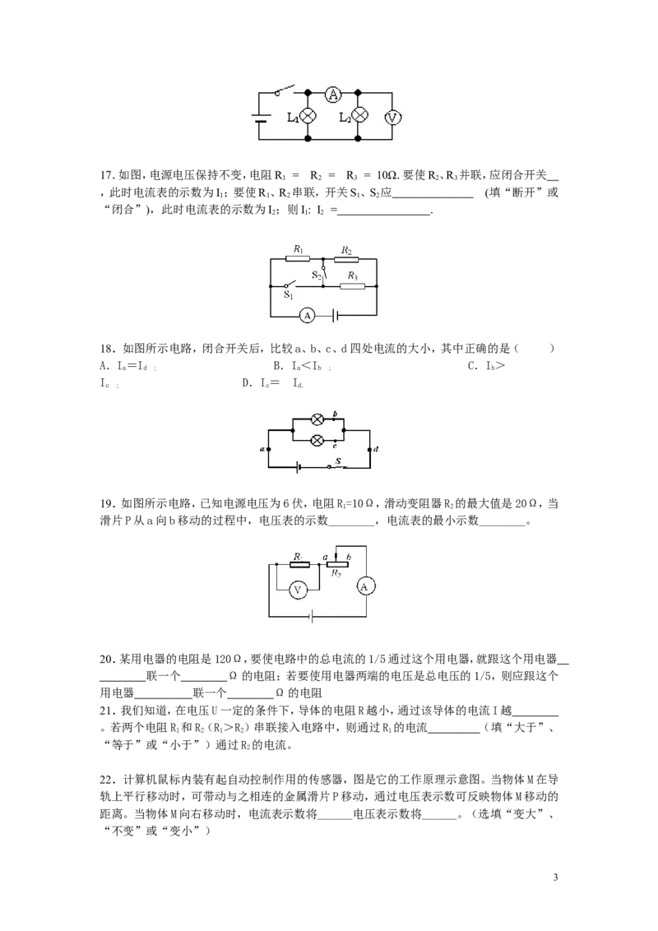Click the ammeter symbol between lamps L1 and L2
click(x=333, y=94)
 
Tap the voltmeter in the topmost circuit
click(x=392, y=118)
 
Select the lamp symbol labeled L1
click(x=308, y=117)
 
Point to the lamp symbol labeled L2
click(x=358, y=116)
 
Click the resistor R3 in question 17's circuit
click(x=352, y=286)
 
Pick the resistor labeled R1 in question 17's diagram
click(x=298, y=259)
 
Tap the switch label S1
click(x=289, y=294)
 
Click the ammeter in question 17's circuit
click(x=307, y=315)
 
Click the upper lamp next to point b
click(x=317, y=419)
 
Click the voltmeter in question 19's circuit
click(x=298, y=590)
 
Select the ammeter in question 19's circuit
click(x=364, y=586)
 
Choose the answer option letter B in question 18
click(x=277, y=366)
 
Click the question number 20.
click(x=106, y=659)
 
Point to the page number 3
click(x=555, y=878)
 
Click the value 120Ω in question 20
click(x=228, y=659)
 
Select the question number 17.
click(x=106, y=175)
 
